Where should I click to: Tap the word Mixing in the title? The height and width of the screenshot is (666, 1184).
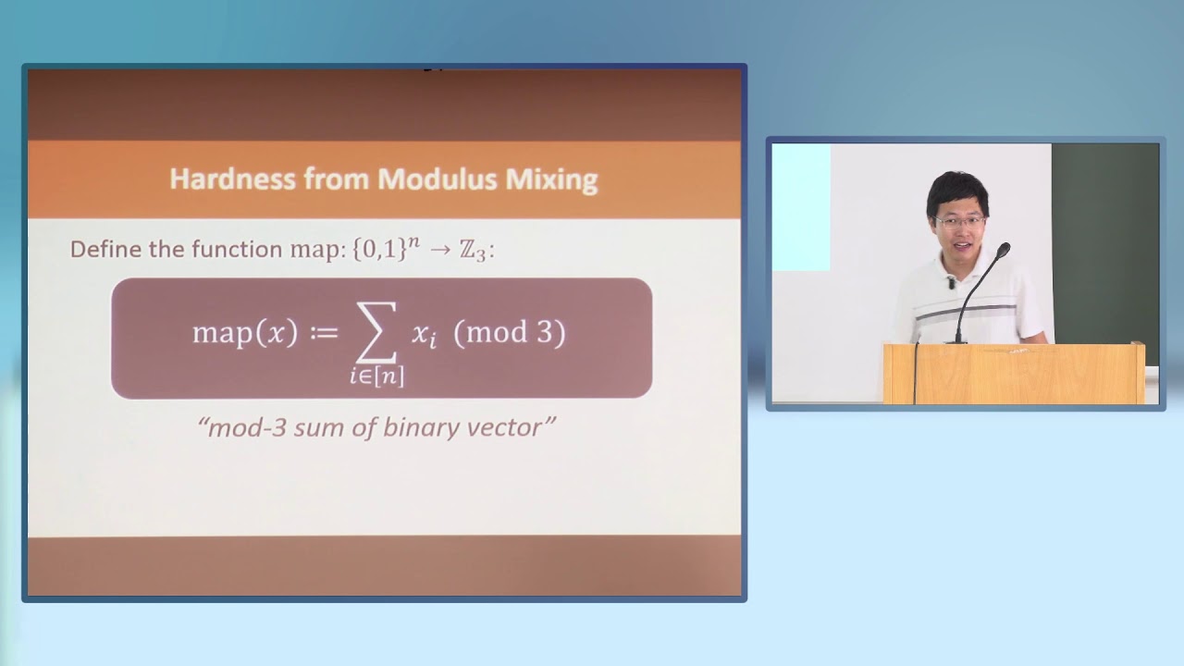point(551,179)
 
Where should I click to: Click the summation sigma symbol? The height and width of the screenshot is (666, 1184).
point(376,330)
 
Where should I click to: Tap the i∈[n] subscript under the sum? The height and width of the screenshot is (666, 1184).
point(376,376)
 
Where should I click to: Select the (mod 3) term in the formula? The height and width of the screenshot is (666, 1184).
point(509,333)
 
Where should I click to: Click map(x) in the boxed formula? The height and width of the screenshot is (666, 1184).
point(244,333)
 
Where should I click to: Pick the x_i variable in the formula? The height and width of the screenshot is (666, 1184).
point(424,336)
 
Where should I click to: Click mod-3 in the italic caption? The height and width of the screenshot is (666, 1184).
point(240,427)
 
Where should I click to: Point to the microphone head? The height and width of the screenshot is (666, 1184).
point(1004,249)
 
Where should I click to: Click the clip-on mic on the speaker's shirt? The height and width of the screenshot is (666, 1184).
point(950,283)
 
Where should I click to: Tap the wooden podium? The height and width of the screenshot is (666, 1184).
point(1014,374)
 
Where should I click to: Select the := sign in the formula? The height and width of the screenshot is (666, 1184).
point(324,333)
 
